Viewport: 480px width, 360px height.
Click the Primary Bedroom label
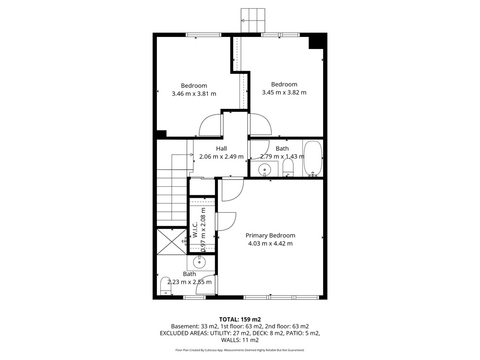tap(270, 235)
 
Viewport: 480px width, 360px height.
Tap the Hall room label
tap(221, 148)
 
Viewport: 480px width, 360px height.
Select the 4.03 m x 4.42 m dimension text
tap(270, 244)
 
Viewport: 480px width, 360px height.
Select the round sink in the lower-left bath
tap(199, 262)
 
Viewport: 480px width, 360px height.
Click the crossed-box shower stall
tap(172, 241)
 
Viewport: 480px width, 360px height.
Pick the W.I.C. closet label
tap(195, 229)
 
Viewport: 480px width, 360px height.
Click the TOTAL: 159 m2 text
tap(240, 320)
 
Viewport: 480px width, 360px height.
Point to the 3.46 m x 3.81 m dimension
tap(194, 94)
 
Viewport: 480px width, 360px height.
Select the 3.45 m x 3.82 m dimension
tap(284, 93)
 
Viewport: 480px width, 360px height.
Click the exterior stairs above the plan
tap(253, 20)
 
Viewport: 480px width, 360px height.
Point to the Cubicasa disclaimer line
tap(240, 350)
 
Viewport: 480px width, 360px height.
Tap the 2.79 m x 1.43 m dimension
tap(282, 156)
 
